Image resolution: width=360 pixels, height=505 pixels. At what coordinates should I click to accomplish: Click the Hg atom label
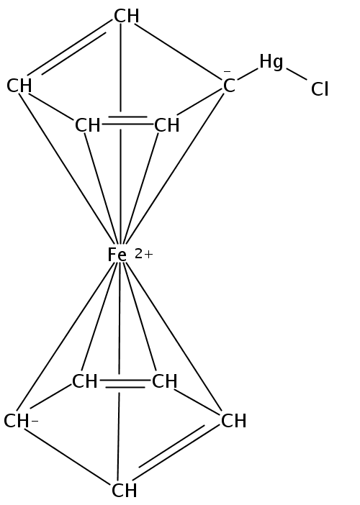coord(271,62)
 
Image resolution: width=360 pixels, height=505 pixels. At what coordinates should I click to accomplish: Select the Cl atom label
coord(320,89)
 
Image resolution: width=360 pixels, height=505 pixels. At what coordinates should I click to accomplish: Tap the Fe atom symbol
coord(117,255)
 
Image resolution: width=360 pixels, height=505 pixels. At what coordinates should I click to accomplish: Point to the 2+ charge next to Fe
coord(144,255)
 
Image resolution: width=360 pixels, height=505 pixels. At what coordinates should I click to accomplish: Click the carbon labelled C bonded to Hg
coord(229,86)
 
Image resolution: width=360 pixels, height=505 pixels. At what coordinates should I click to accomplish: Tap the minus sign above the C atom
coord(228,71)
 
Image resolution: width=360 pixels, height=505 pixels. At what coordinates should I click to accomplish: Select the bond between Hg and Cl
coord(297,74)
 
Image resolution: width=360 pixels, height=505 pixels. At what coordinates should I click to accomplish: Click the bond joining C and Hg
coord(248,74)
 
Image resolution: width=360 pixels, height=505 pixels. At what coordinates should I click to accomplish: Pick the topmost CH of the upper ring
coord(126,16)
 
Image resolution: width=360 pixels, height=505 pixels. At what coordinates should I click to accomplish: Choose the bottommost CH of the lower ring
coord(124,491)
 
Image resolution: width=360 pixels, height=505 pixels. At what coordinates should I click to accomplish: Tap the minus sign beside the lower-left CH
coord(35,421)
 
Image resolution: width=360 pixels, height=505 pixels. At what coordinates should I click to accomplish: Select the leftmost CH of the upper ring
coord(19,86)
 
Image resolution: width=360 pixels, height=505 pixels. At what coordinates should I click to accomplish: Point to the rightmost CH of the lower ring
coord(234,421)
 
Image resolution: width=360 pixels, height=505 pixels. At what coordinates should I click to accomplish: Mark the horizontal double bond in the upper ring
coord(127,120)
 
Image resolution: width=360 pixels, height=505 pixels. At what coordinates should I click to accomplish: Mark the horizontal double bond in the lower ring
coord(125,383)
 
